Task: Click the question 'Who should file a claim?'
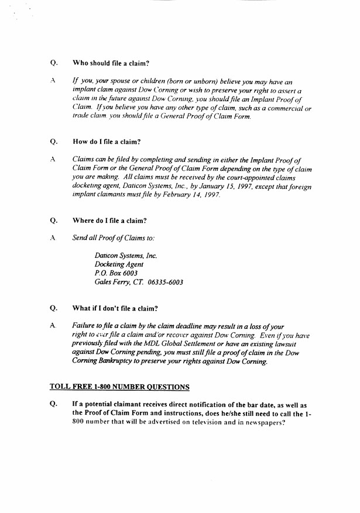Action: coord(111,63)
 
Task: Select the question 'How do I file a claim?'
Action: coord(107,142)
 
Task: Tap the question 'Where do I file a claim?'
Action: coord(109,221)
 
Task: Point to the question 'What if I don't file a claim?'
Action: coord(115,308)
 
